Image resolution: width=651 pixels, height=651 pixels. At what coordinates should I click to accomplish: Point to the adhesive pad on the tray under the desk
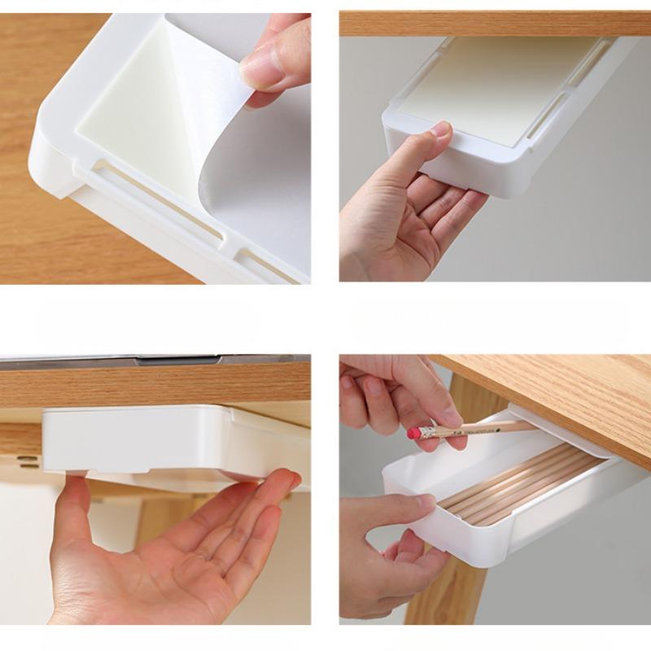click(488, 90)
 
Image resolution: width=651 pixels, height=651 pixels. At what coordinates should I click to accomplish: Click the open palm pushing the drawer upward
click(163, 553)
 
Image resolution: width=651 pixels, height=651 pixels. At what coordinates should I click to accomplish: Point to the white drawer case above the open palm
click(138, 439)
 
